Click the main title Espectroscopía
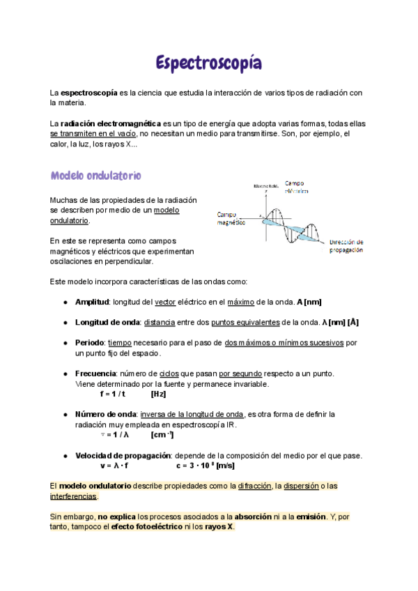209,64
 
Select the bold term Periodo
91,343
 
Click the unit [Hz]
160,394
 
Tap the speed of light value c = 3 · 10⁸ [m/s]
205,466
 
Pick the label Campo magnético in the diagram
232,218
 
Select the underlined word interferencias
74,496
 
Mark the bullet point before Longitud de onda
65,323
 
